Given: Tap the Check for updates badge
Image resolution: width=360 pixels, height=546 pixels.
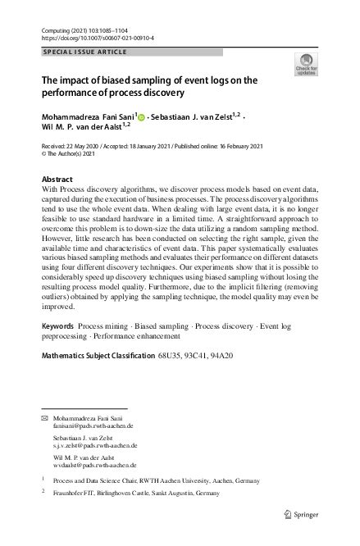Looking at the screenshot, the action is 305,64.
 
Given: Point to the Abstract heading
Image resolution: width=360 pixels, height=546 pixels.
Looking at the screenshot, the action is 57,179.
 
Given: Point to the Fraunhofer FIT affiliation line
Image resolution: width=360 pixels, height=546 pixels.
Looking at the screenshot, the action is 144,495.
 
